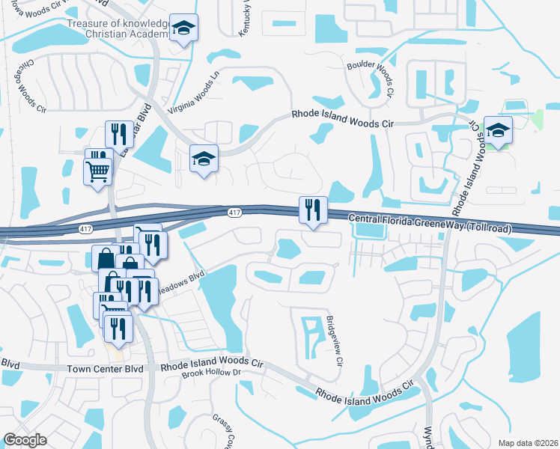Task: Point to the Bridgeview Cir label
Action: coord(334,340)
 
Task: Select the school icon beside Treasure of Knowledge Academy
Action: coord(183,29)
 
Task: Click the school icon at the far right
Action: coord(497,131)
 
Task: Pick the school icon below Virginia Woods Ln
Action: coord(204,159)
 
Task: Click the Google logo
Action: coord(25,440)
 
